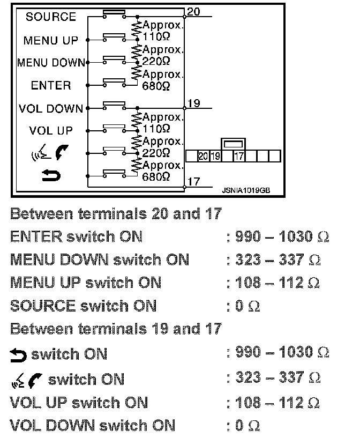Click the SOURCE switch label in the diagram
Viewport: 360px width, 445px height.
pos(51,17)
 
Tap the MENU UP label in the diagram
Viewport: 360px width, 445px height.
pos(51,40)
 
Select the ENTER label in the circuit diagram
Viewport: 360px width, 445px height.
pos(51,85)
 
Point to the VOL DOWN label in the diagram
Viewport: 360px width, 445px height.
pos(51,108)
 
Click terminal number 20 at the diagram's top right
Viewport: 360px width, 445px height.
pos(194,11)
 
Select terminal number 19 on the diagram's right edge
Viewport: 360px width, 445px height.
pos(194,103)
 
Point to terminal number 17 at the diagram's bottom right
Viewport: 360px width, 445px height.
pos(194,181)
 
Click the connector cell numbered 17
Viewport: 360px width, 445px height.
pos(239,156)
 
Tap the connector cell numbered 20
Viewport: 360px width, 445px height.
pos(203,156)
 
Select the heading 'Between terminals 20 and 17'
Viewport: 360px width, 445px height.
pos(116,214)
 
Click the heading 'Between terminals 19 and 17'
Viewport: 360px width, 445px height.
pos(116,328)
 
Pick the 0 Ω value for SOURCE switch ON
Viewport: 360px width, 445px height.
pos(247,306)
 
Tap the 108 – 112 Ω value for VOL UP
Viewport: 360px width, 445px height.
pos(278,403)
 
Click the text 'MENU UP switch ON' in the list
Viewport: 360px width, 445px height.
pos(86,283)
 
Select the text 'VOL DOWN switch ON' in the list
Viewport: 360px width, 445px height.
pos(92,426)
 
